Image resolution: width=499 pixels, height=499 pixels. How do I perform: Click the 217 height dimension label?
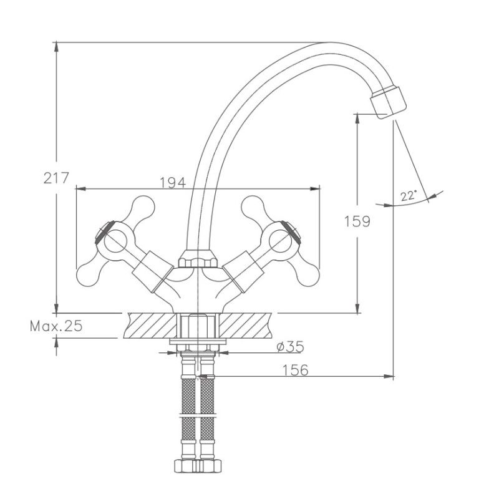tap(56, 178)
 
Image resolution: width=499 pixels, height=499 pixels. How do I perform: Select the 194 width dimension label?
tap(173, 183)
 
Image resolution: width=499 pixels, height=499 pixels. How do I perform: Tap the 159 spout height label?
tap(357, 221)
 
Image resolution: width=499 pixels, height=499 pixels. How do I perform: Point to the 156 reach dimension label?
tap(295, 370)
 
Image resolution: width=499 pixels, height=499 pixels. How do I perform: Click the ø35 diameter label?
tap(290, 347)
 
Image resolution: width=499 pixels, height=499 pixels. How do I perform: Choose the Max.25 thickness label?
tap(56, 326)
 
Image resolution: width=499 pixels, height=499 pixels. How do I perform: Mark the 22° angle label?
tap(409, 196)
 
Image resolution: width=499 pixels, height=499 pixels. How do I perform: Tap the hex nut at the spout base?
tap(198, 259)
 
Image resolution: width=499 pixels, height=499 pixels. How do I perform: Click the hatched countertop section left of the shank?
tap(150, 325)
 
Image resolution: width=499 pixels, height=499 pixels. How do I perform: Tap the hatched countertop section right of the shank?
tap(246, 325)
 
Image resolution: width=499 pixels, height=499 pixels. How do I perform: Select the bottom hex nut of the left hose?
tap(186, 466)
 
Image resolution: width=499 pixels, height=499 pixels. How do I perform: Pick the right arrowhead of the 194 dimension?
tap(315, 189)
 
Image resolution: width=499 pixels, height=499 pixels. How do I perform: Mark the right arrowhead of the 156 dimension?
tap(389, 377)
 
